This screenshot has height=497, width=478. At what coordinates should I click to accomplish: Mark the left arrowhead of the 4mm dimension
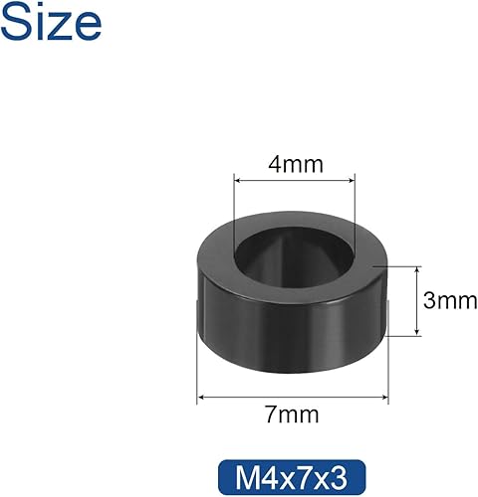(x=237, y=181)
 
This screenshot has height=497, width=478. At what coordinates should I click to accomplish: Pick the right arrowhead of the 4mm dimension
(x=351, y=181)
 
